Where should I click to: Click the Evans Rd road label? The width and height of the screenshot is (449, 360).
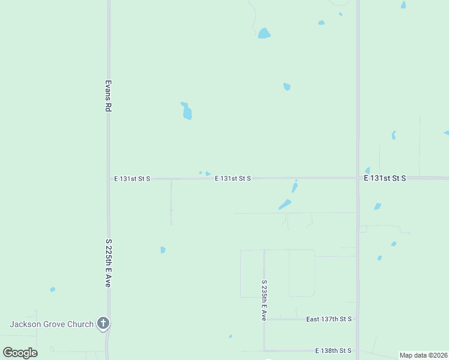coord(109,96)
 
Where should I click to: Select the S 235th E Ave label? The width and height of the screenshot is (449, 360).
coord(264,299)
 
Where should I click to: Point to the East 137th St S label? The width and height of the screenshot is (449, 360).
coord(328,319)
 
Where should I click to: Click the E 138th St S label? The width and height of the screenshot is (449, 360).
coord(333,350)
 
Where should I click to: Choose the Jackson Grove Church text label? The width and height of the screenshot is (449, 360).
coord(51,324)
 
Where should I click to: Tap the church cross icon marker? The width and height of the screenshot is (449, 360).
coord(103,324)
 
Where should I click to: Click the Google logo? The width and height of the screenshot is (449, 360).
coord(20,353)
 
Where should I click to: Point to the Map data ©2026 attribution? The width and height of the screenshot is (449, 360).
coord(423,355)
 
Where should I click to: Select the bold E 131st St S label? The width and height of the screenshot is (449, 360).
coord(385,178)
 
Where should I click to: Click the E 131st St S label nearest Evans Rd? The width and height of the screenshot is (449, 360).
coord(132,179)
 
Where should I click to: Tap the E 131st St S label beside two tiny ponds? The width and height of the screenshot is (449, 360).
coord(232,179)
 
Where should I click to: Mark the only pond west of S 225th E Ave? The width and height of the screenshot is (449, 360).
coord(53,289)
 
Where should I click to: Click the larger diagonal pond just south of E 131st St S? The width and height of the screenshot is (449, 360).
coord(285,205)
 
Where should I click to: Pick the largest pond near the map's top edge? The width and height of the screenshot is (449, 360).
coord(264,33)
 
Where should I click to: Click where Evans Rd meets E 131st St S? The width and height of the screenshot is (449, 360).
coord(109,179)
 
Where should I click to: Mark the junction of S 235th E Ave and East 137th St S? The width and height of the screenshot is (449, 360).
coord(264,319)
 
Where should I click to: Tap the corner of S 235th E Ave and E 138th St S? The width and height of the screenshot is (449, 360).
coord(264,350)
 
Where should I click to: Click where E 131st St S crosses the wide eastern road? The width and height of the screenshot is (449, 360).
coord(358,178)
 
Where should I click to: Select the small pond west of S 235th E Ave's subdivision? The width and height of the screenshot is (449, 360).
coord(163,250)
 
